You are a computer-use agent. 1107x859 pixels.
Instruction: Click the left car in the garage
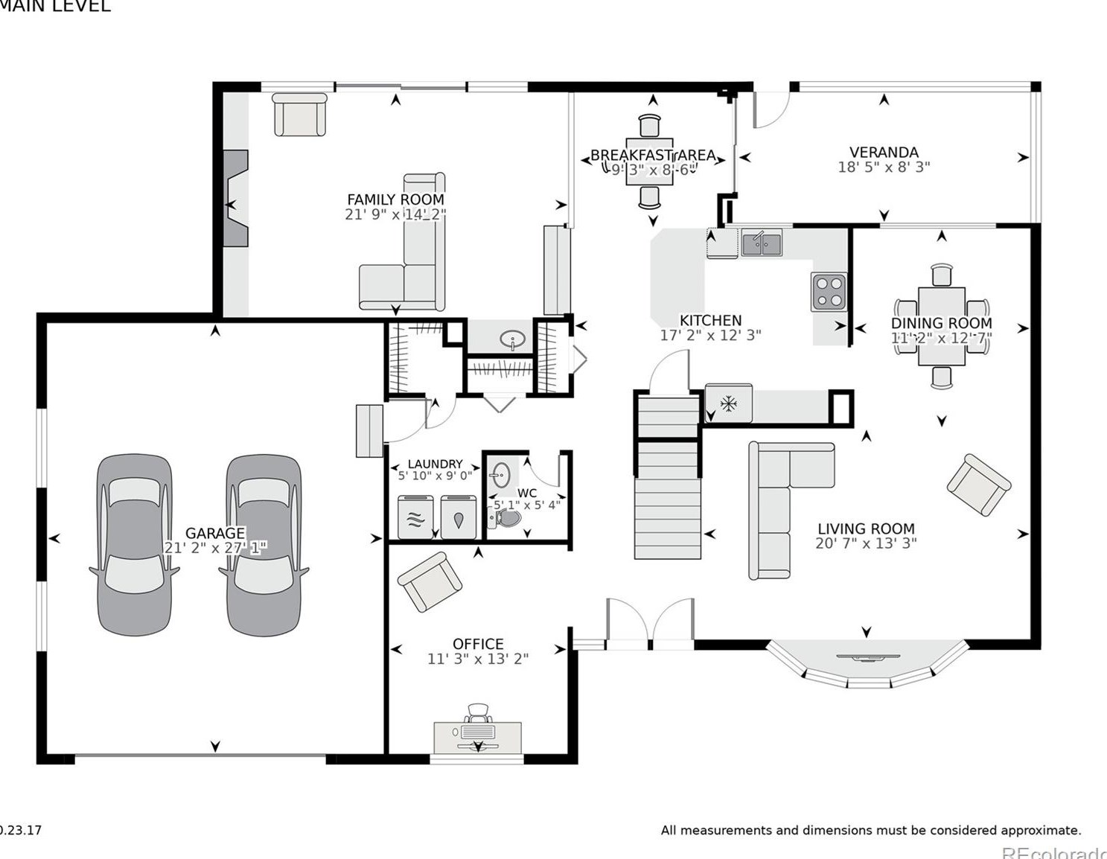[134, 545]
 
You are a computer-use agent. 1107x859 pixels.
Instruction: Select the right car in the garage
[264, 545]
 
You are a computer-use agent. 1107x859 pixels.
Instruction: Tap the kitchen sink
[761, 243]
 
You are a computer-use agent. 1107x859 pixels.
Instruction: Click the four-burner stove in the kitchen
[829, 292]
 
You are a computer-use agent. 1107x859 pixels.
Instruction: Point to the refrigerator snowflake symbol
[728, 404]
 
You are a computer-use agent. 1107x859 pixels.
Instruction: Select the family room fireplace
[237, 198]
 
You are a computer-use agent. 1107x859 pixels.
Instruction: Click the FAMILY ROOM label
[395, 199]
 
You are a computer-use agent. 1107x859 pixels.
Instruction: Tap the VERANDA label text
[884, 153]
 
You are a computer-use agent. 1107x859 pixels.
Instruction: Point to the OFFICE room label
[478, 644]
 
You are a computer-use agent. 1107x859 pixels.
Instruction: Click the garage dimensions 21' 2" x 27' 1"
[215, 548]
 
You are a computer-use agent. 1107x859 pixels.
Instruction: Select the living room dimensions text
[866, 543]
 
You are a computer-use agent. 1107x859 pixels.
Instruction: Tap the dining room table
[941, 326]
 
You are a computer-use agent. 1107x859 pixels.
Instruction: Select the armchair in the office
[429, 581]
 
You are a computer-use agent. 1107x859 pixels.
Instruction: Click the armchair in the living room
[978, 485]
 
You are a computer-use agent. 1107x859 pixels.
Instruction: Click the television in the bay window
[868, 657]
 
